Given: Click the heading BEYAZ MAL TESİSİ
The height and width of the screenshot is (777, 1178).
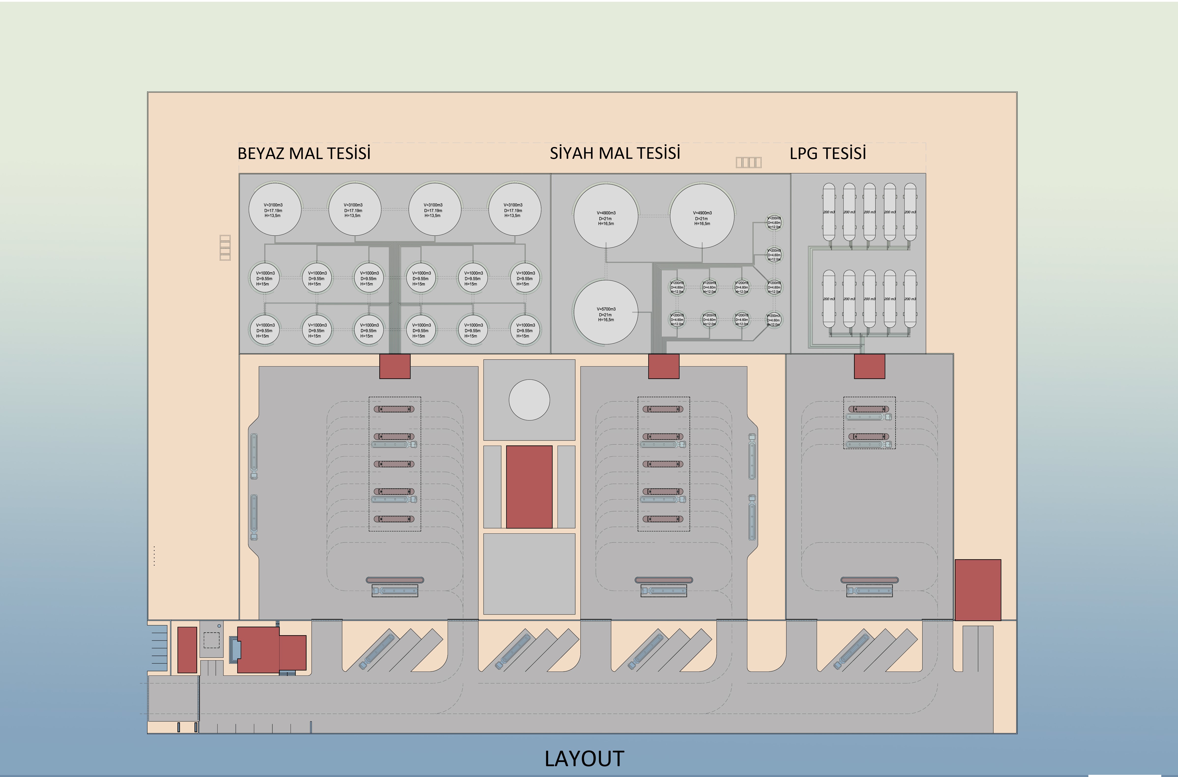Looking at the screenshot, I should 304,153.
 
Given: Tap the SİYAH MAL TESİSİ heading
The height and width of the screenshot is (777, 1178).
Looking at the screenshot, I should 615,153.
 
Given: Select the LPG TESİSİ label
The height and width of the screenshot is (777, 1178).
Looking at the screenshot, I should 828,153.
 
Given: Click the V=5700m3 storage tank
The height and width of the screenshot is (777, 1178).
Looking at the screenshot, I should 606,312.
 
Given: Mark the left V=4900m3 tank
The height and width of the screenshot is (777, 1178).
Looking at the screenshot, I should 606,216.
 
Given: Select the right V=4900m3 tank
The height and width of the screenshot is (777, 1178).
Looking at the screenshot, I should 702,216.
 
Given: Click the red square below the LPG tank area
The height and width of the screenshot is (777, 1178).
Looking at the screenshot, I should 869,366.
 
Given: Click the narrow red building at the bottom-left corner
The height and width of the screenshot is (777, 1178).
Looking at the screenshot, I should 187,650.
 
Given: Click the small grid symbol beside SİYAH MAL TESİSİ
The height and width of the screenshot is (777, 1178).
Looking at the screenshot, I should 748,162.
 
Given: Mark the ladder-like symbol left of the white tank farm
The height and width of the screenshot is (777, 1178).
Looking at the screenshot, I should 225,247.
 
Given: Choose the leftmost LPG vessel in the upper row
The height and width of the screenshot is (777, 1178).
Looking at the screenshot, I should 829,212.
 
